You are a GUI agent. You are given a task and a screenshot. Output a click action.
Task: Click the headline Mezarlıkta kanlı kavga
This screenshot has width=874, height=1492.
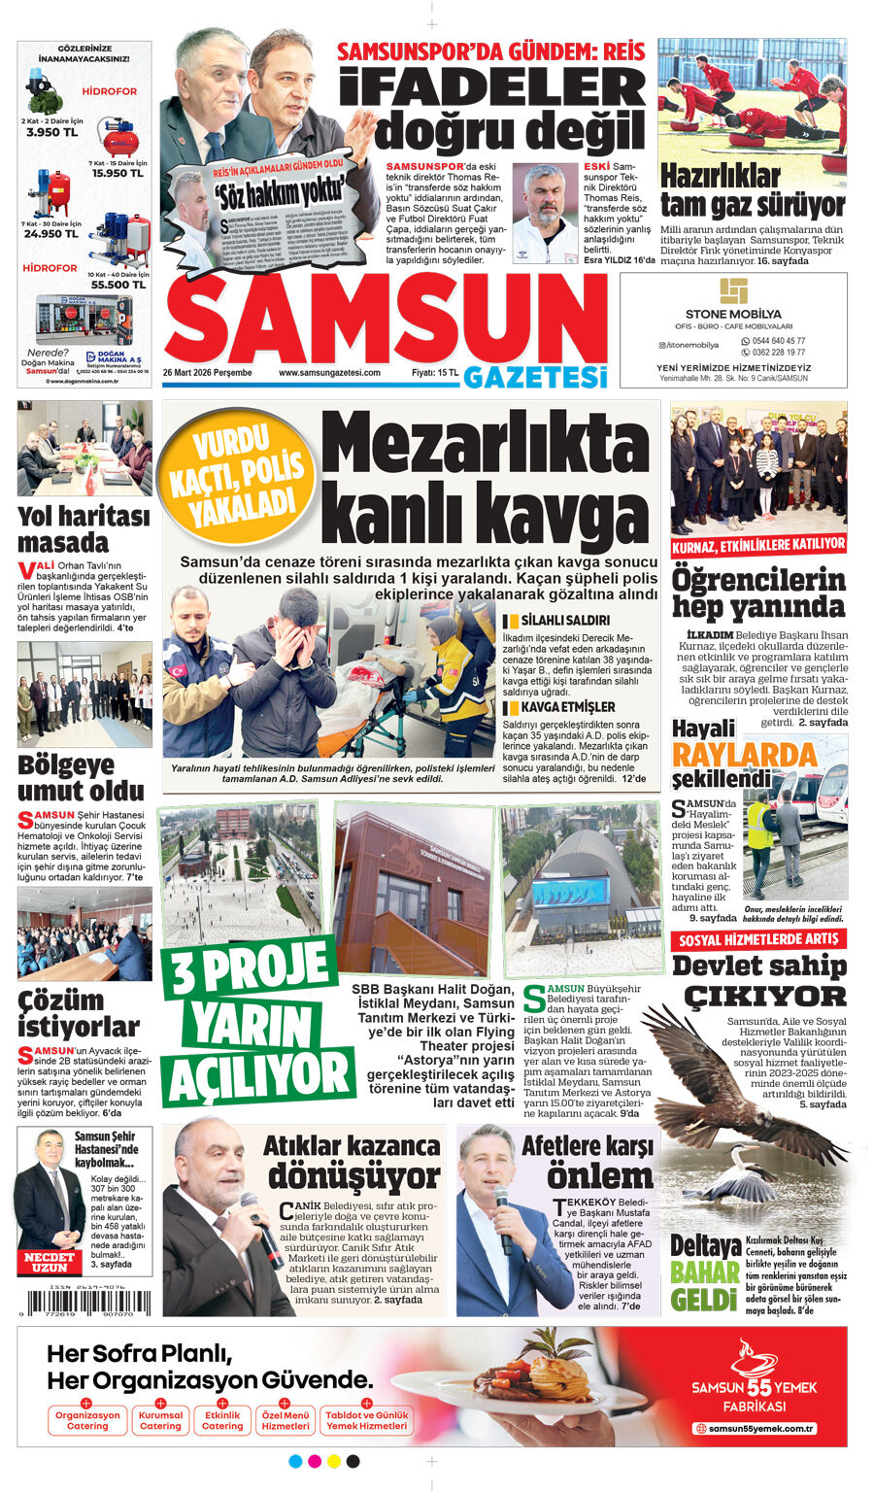pyautogui.click(x=485, y=478)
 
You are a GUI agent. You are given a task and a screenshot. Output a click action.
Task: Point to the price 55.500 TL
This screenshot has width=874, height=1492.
pyautogui.click(x=118, y=285)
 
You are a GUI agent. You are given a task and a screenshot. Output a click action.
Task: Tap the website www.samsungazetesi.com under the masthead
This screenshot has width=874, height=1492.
pyautogui.click(x=329, y=373)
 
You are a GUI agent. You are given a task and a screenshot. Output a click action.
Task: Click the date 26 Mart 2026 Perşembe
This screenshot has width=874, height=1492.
pyautogui.click(x=207, y=373)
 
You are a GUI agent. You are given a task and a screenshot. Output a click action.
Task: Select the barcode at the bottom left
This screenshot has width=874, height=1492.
pyautogui.click(x=84, y=1302)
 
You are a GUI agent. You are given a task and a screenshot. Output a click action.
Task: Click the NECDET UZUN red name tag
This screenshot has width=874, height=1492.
pyautogui.click(x=50, y=1262)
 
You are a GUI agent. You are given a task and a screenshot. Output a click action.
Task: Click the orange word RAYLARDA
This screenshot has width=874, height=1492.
pyautogui.click(x=745, y=755)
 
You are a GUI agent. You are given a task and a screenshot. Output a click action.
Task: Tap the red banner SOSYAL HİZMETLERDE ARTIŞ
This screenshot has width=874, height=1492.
pyautogui.click(x=757, y=940)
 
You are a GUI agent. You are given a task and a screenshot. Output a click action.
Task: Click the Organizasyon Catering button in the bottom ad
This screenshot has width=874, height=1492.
pyautogui.click(x=87, y=1420)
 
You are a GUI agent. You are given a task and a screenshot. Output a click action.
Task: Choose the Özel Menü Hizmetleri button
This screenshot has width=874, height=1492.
pyautogui.click(x=286, y=1420)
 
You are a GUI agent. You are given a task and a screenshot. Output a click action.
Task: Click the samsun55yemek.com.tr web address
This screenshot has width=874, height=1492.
pyautogui.click(x=755, y=1428)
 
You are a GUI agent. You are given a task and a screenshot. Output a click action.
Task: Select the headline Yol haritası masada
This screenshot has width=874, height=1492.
pyautogui.click(x=84, y=529)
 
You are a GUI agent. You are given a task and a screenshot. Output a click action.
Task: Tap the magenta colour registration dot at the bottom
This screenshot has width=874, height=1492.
pyautogui.click(x=315, y=1461)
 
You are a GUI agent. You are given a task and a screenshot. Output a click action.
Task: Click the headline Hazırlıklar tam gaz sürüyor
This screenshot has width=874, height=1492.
pyautogui.click(x=752, y=190)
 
